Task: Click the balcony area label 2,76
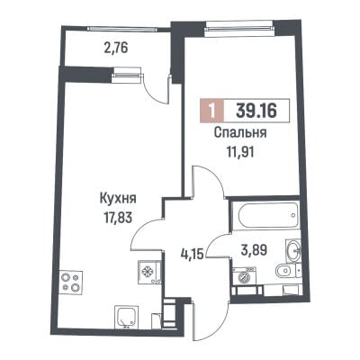(x=116, y=49)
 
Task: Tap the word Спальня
(x=240, y=133)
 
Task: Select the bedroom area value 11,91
(x=240, y=152)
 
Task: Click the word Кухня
(x=118, y=199)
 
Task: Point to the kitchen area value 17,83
(x=118, y=218)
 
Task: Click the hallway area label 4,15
(x=192, y=254)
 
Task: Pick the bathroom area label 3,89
(x=254, y=249)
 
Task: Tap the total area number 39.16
(x=256, y=111)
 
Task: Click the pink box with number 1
(x=212, y=111)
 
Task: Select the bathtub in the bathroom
(x=265, y=215)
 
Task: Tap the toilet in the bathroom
(x=285, y=271)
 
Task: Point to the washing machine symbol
(x=245, y=276)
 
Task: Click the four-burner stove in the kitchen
(x=71, y=283)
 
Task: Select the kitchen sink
(x=126, y=317)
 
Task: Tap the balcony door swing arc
(x=153, y=92)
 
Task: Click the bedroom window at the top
(x=239, y=28)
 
